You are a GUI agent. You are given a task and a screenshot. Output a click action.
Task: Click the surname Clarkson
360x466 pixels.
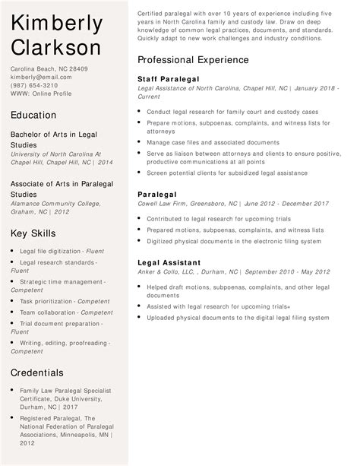click(56, 47)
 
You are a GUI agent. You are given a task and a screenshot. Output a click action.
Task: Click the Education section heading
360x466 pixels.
click(33, 115)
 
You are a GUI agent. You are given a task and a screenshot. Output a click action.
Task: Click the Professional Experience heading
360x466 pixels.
click(193, 59)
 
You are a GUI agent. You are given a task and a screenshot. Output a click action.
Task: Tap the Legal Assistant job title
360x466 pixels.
click(169, 262)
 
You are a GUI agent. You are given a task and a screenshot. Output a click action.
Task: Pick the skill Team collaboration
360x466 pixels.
click(47, 312)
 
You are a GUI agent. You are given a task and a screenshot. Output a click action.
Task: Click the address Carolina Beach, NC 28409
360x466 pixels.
click(49, 68)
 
